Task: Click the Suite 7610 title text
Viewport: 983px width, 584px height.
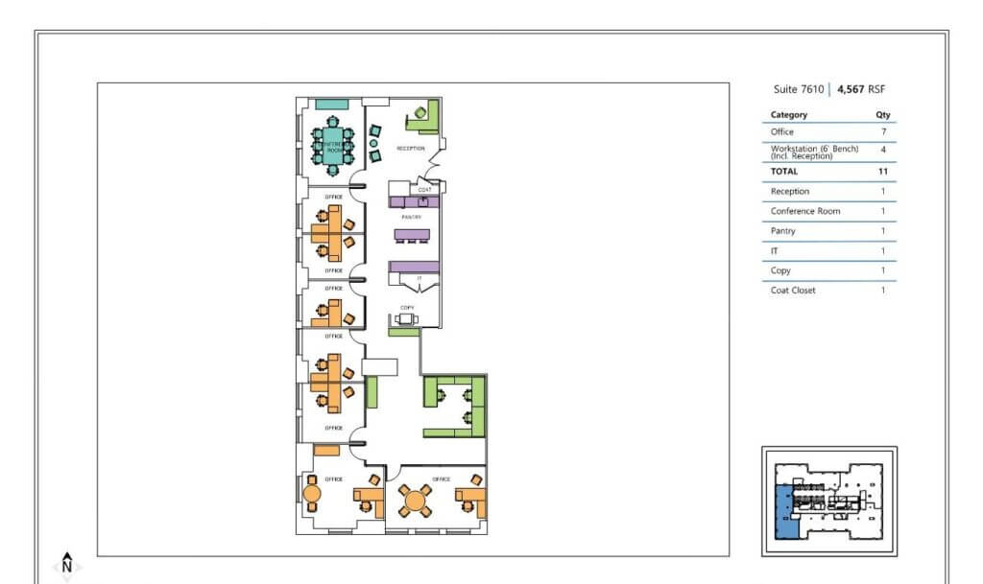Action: (798, 89)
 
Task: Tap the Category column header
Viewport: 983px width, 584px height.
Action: (788, 115)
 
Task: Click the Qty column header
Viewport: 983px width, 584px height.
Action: (882, 115)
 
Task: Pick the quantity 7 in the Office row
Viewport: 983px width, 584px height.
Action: (882, 132)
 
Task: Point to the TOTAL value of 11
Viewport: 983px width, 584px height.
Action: (882, 171)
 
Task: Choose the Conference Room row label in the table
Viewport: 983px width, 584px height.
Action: (806, 211)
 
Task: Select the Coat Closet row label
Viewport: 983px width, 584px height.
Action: (793, 290)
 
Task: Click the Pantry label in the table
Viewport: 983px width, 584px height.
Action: (782, 231)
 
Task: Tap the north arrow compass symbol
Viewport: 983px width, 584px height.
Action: (67, 564)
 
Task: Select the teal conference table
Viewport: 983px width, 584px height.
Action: (332, 146)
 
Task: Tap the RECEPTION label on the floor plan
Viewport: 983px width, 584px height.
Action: (411, 149)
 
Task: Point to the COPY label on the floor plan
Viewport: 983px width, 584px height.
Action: (407, 308)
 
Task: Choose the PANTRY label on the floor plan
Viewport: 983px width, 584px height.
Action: (412, 218)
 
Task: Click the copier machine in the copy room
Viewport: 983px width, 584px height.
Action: (407, 319)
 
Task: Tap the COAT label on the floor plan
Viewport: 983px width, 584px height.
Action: (423, 190)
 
